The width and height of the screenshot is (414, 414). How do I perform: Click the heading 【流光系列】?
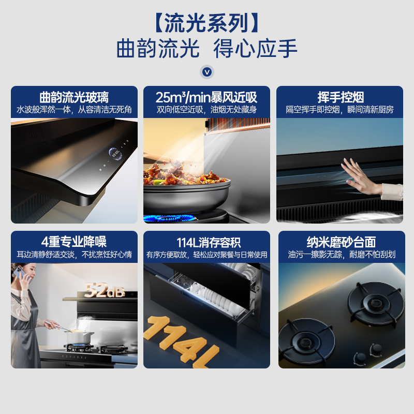206,23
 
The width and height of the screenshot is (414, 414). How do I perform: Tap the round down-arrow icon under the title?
206,72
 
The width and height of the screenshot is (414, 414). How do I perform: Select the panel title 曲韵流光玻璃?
74,97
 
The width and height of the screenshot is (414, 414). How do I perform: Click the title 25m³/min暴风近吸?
206,97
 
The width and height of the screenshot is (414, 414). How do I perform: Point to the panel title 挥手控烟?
341,97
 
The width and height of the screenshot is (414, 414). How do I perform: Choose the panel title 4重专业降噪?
74,241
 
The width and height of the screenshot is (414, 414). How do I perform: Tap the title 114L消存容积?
209,242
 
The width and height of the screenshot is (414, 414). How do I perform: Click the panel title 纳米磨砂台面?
342,242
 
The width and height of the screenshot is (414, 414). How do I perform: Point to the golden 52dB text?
105,290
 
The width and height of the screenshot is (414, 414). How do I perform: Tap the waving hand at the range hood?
362,176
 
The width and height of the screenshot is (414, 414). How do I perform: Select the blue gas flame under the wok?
169,218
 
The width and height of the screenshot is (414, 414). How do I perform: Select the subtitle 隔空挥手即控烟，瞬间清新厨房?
340,109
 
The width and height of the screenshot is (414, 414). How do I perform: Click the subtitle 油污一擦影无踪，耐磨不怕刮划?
342,254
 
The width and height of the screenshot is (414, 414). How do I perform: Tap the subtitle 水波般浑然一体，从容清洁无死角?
74,109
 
